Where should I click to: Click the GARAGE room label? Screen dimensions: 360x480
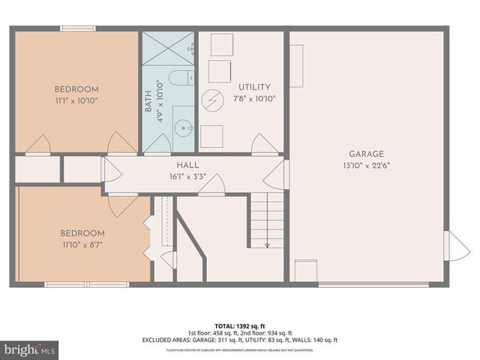tap(366, 154)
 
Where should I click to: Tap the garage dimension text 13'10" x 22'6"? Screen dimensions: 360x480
tap(366, 166)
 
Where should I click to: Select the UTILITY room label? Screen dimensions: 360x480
tap(254, 88)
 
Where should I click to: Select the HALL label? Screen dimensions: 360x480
tap(187, 165)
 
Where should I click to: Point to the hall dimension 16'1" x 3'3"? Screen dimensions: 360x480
tap(187, 176)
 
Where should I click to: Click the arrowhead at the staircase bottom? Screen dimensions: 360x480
tap(266, 244)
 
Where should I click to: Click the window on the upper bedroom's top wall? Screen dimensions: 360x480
tap(78, 28)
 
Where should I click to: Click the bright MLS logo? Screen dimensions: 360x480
tap(30, 349)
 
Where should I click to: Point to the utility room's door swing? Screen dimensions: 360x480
tap(263, 144)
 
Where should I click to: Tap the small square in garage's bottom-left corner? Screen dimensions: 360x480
tap(305, 271)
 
